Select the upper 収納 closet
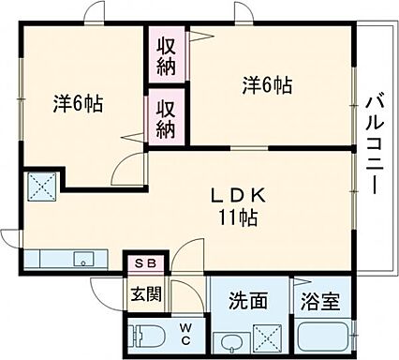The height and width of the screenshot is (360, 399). [167, 54]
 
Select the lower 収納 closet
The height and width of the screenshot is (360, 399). [167, 118]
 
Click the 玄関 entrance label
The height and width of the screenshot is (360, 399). [146, 294]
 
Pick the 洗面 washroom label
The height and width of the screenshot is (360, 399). [249, 301]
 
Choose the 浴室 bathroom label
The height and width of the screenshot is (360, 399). [321, 302]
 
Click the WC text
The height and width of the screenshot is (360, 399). [185, 332]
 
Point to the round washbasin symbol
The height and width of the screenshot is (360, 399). [228, 340]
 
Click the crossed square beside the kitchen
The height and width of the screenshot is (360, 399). [40, 187]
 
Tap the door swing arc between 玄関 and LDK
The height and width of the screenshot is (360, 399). [187, 257]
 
